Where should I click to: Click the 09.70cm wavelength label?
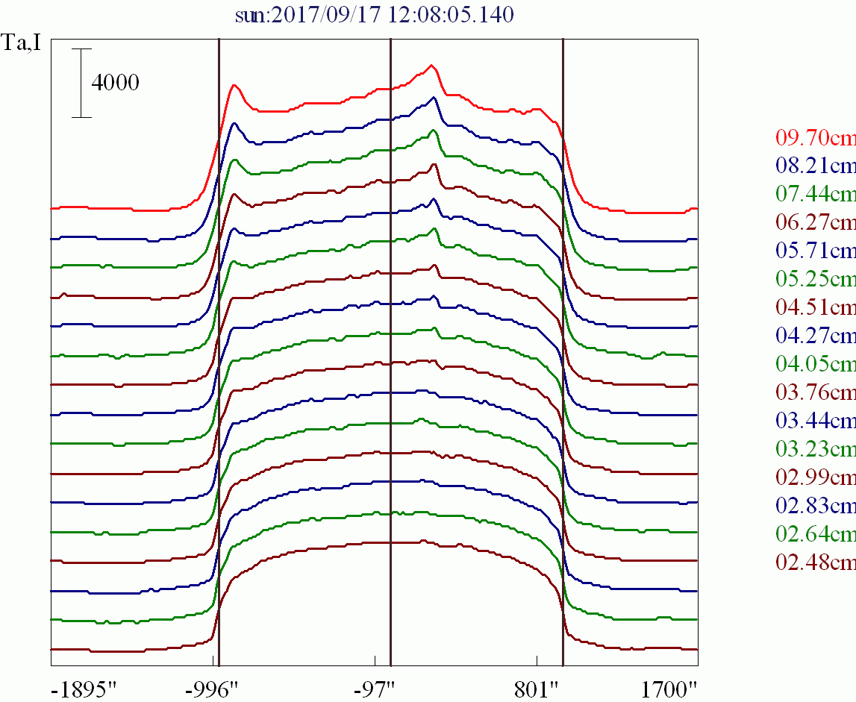(x=815, y=137)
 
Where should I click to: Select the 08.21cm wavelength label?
(x=815, y=166)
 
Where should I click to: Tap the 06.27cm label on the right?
(x=815, y=222)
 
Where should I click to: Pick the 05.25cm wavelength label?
(x=815, y=279)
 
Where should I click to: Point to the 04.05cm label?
(x=815, y=364)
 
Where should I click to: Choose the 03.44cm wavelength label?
(x=815, y=421)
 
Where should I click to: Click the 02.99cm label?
(x=815, y=477)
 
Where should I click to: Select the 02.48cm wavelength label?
(x=815, y=562)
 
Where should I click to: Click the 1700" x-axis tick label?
(x=671, y=687)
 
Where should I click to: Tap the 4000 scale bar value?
(x=115, y=83)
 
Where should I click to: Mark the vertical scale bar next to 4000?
(x=81, y=83)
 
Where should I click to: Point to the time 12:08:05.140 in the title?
(x=451, y=15)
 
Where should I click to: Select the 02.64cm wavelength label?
(x=815, y=534)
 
